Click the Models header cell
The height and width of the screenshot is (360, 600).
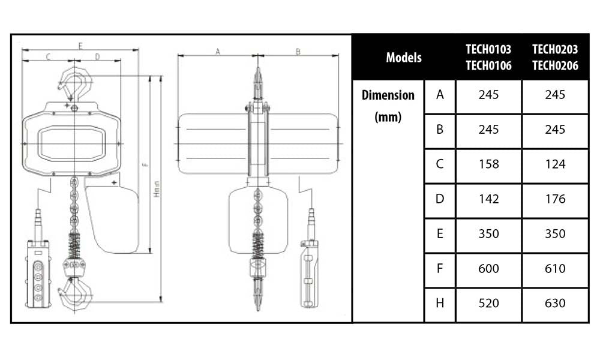click(x=403, y=58)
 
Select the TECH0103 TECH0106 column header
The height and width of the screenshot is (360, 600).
click(x=488, y=58)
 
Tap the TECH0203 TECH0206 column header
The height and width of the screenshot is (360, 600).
click(x=555, y=58)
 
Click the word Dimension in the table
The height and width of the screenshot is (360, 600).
click(x=388, y=95)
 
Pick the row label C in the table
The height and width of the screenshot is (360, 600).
click(x=440, y=164)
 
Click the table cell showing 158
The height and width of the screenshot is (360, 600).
click(x=488, y=164)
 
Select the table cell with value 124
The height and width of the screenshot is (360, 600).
click(x=555, y=164)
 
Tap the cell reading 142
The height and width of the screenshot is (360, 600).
click(x=488, y=199)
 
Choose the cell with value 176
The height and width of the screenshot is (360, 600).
click(x=555, y=199)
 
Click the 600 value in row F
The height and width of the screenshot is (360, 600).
click(x=488, y=269)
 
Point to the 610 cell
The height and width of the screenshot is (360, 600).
click(x=555, y=269)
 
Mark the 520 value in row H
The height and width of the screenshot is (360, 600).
click(x=488, y=304)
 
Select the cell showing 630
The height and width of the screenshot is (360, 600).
click(x=555, y=304)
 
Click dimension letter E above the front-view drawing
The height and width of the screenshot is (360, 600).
click(x=80, y=46)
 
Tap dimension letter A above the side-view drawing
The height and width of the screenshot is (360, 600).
click(x=218, y=52)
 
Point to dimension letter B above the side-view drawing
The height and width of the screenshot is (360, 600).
click(x=298, y=52)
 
